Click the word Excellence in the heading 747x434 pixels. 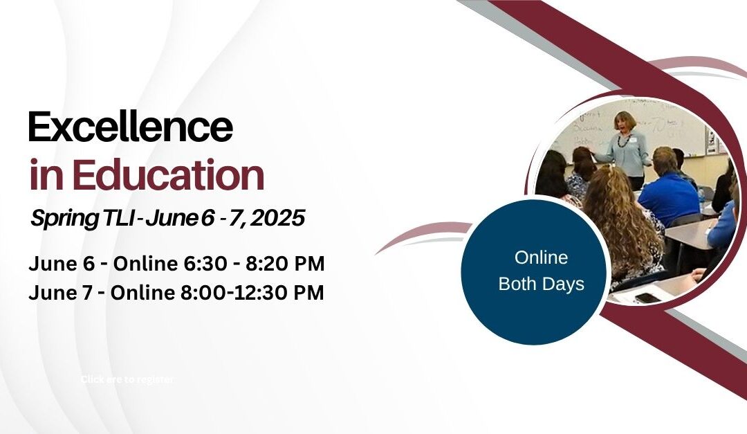130,128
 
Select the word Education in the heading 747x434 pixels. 168,176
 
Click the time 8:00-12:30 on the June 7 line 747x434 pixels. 237,293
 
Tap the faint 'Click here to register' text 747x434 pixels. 127,379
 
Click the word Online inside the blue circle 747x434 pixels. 541,258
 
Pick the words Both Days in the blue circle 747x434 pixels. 541,284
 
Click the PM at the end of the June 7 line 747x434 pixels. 309,293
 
